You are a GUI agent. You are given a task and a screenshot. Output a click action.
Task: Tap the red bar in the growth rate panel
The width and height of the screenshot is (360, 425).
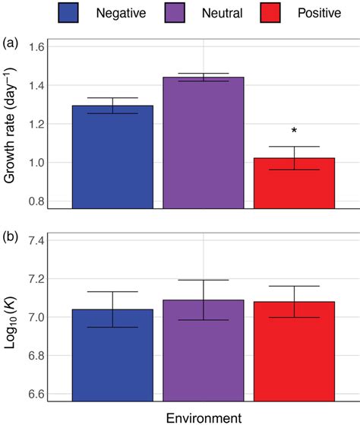click(294, 182)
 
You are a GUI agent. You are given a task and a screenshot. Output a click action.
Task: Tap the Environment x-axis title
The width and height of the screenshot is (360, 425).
click(203, 417)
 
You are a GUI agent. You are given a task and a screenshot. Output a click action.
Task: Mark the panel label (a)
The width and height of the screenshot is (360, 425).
click(12, 41)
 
